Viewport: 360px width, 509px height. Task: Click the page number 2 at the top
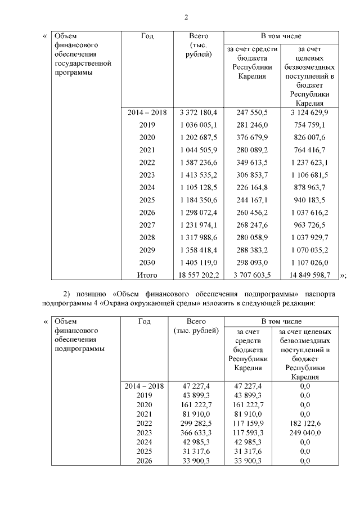(x=186, y=16)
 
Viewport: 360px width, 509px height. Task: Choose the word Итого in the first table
(x=147, y=275)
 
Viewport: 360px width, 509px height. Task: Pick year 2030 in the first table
(x=147, y=262)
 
